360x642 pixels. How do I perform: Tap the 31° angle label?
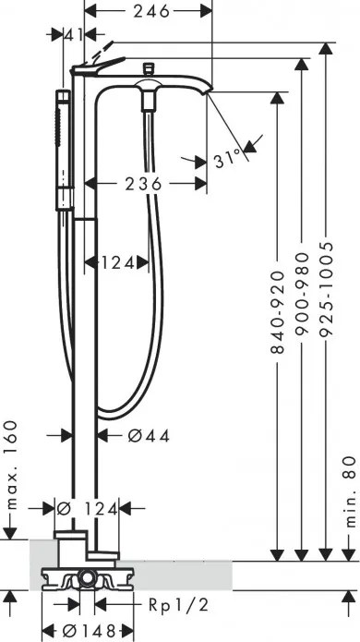click(252, 158)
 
